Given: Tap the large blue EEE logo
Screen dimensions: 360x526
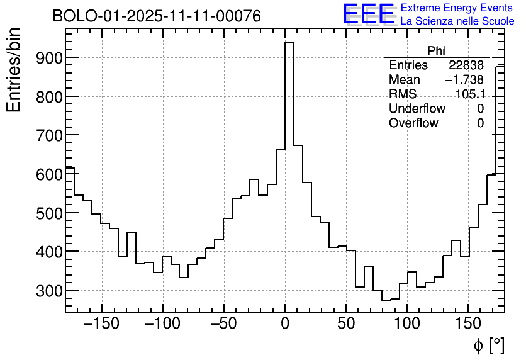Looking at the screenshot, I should pos(368,14).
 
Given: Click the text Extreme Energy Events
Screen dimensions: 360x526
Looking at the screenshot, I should pos(457,8).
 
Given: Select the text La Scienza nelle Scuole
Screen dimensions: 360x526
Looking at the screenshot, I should pos(457,21).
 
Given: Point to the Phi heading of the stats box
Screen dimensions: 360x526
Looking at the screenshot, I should pos(436,51).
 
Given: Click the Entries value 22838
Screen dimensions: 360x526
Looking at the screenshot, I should pos(466,65).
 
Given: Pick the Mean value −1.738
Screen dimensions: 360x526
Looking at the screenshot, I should pos(464,80).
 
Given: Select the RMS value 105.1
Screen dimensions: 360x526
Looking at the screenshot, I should pos(469,94).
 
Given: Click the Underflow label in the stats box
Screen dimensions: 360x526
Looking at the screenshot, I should pos(417,109).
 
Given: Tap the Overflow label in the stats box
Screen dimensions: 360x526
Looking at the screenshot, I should pos(413,123).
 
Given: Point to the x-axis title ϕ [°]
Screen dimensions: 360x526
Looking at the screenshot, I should pos(488,345).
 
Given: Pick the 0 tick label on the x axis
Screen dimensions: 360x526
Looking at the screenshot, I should pos(285,325).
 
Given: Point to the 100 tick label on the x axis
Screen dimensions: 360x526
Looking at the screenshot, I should pos(407,325).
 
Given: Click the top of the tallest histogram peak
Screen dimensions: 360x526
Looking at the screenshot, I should pos(289,43).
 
